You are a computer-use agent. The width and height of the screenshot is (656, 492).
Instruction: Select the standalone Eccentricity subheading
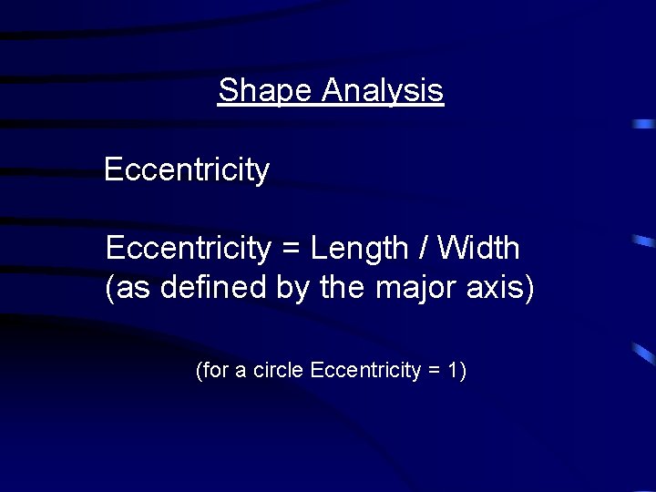point(187,170)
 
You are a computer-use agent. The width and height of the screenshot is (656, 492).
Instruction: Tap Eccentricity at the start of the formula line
point(188,248)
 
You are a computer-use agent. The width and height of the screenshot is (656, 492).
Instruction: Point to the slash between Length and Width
point(424,247)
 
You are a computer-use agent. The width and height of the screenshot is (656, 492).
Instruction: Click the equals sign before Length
point(291,249)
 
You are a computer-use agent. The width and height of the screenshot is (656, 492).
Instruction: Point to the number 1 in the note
point(455,371)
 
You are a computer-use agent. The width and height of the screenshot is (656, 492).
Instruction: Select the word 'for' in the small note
point(212,371)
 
